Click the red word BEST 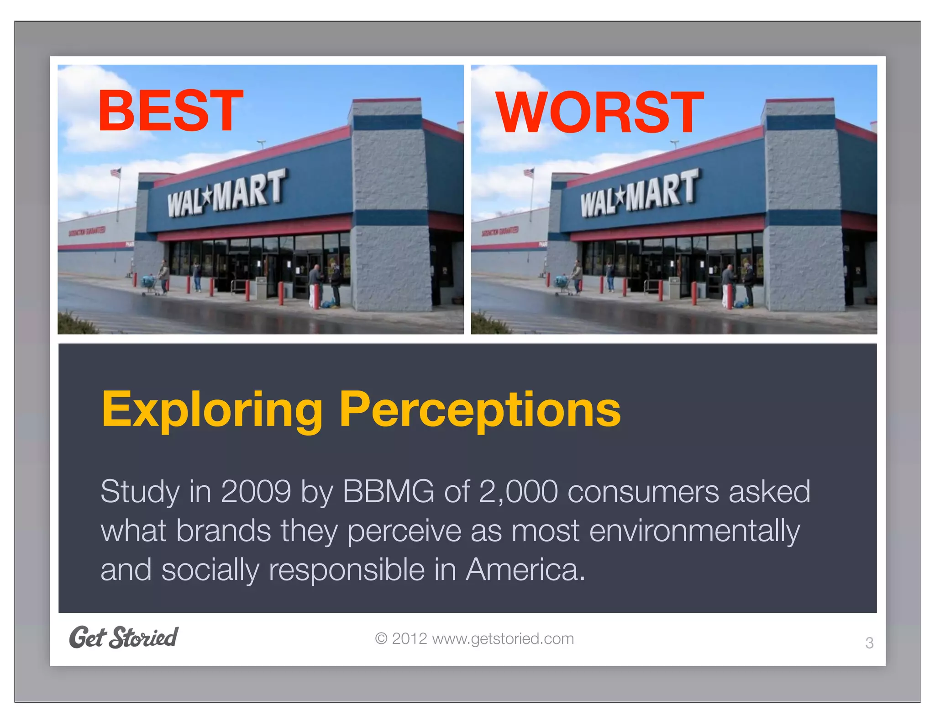[170, 111]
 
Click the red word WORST [599, 112]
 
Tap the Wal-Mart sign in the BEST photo [226, 193]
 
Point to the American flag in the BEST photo [116, 173]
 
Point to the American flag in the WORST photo [529, 173]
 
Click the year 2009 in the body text [256, 492]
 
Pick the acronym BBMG [388, 492]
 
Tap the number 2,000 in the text [518, 492]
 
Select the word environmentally [694, 531]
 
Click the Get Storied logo [123, 638]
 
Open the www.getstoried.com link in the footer [503, 638]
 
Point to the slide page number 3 [869, 643]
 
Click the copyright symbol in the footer [381, 638]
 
